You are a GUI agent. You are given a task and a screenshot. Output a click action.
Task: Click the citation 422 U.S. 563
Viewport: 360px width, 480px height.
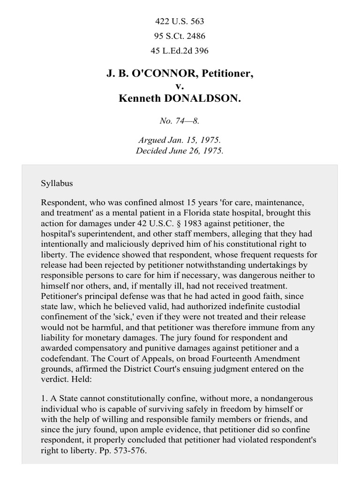[x=180, y=22]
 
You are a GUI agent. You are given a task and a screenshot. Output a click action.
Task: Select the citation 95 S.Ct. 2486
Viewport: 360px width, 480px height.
[x=180, y=36]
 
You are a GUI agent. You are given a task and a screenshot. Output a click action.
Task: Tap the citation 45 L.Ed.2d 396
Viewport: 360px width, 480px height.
[x=180, y=51]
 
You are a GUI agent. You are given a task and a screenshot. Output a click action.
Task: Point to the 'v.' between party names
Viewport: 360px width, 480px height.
[x=180, y=86]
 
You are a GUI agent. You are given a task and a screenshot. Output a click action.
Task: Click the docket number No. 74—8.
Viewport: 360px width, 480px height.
[x=180, y=120]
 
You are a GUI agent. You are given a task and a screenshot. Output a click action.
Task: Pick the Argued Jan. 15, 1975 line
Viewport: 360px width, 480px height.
[x=180, y=140]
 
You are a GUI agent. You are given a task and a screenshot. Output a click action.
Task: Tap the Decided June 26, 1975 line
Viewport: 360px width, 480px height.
[x=180, y=151]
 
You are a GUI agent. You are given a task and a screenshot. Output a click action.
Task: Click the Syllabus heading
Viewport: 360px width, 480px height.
[x=57, y=183]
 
